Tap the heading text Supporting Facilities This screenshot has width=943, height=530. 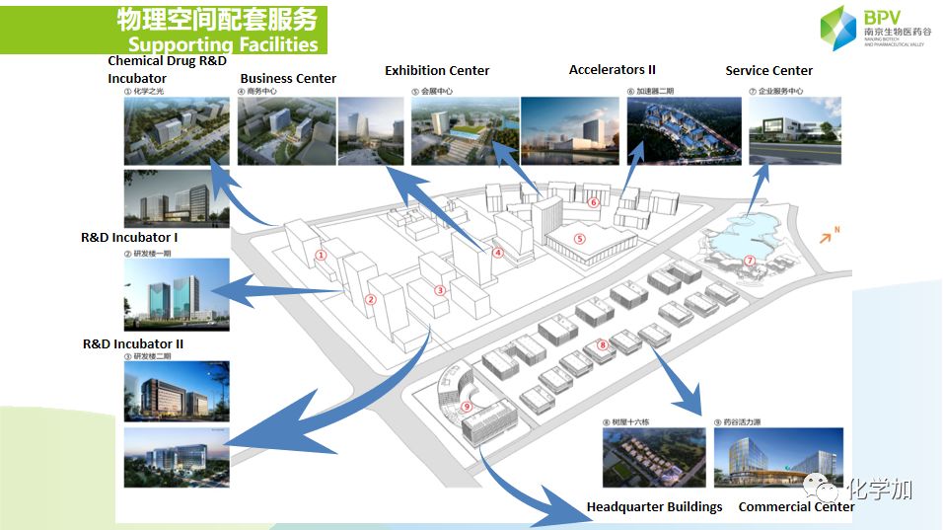click(x=223, y=44)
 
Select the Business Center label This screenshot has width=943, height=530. click(x=288, y=78)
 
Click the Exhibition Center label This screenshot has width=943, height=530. click(x=437, y=70)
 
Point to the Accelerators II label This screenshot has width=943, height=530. click(x=612, y=70)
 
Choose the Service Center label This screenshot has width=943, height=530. click(x=768, y=70)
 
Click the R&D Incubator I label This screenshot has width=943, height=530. click(x=129, y=238)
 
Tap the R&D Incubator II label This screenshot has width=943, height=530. click(x=132, y=343)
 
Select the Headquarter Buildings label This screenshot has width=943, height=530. click(x=654, y=506)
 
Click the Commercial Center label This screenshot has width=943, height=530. click(x=796, y=506)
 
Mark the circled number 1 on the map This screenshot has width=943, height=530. click(x=321, y=255)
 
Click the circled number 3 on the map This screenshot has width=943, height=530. click(x=440, y=290)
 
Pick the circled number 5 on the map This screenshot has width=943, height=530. click(x=580, y=238)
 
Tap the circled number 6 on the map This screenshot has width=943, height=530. click(x=593, y=202)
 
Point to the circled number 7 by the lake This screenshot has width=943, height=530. click(x=750, y=261)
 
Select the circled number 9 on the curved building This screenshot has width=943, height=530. click(x=467, y=406)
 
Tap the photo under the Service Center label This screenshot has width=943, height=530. click(x=795, y=130)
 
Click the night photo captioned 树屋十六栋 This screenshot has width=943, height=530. click(x=654, y=458)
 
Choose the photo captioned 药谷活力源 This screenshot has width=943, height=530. click(x=777, y=458)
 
